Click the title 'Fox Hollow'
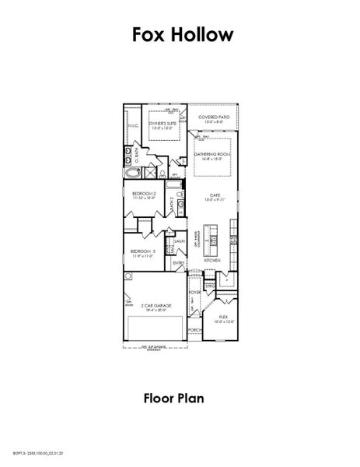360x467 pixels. pos(179,35)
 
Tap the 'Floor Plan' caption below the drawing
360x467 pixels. pos(173,399)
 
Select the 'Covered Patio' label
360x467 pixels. pos(213,118)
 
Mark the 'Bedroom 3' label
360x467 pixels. pos(142,252)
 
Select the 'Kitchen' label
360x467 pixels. pos(212,259)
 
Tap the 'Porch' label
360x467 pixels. pos(194,330)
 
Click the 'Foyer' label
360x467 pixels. pos(194,292)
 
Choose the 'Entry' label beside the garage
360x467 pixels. pos(178,262)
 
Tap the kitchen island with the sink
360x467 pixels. pos(208,237)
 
